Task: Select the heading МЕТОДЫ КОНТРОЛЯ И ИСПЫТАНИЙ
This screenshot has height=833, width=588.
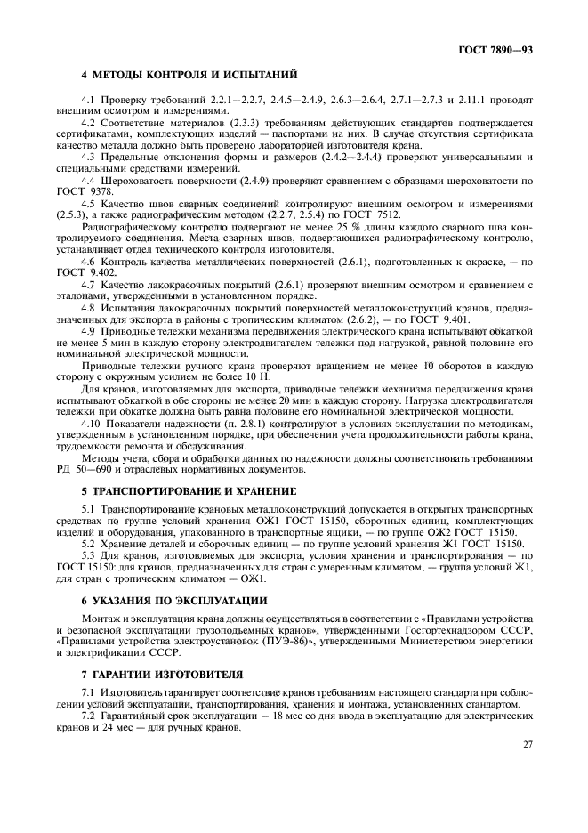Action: click(x=196, y=74)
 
